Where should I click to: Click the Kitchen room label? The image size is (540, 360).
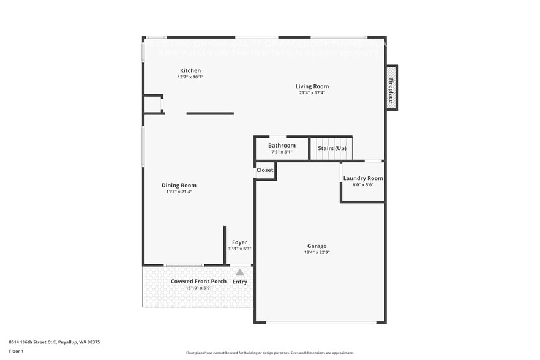coord(190,70)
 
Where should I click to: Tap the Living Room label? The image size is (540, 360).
coord(312,86)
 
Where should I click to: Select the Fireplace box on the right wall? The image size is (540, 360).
coord(391,88)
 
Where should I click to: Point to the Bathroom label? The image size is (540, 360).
coord(282,145)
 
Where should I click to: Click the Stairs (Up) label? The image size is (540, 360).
coord(332,148)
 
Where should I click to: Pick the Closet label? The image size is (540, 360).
coord(264,170)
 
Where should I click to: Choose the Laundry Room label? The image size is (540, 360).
coord(363,178)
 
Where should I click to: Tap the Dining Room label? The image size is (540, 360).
coord(179,185)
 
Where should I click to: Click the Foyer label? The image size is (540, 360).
coord(239,242)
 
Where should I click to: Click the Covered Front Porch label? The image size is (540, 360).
coord(198,281)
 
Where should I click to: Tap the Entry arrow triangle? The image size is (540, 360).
coord(240,272)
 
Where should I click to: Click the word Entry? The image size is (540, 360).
coord(240,282)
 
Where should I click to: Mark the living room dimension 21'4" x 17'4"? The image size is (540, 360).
coord(312,93)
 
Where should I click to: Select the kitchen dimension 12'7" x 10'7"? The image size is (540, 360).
coord(190,77)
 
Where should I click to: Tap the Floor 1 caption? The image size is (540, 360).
coord(17,351)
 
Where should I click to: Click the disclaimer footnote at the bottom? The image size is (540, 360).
coord(269,353)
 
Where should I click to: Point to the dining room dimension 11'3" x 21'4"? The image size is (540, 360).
coord(179,192)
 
